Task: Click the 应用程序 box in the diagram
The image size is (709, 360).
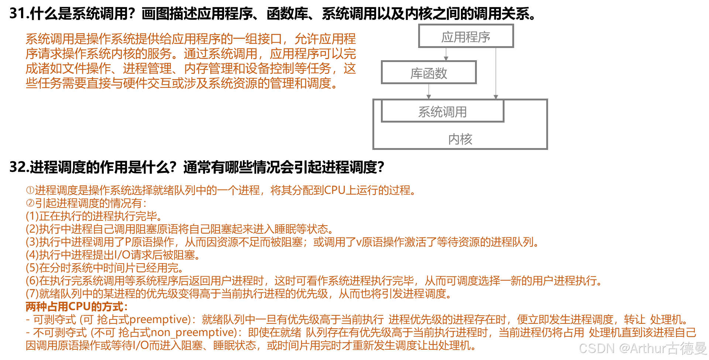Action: tap(466, 36)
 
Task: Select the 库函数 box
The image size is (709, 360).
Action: tap(429, 73)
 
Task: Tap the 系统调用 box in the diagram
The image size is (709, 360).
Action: tap(442, 111)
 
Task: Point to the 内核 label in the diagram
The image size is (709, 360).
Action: tap(460, 139)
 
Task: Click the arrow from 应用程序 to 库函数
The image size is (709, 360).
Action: tap(446, 54)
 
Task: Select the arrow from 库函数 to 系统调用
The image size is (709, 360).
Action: tap(429, 91)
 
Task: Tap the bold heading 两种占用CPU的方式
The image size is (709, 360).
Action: tap(76, 306)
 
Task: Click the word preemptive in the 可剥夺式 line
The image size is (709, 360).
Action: tap(159, 319)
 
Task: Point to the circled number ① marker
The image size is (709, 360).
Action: tap(30, 191)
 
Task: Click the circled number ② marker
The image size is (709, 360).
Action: tap(30, 203)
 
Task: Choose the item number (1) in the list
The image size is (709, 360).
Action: tap(32, 216)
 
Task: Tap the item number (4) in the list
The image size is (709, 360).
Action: tap(32, 255)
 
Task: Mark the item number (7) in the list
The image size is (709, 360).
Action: tap(32, 294)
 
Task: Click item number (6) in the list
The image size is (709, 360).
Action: tap(32, 281)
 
